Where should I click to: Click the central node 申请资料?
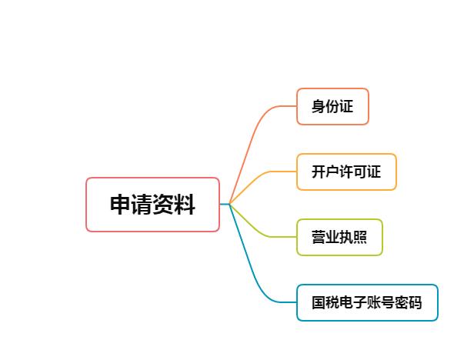[152, 205]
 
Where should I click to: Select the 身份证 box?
[332, 106]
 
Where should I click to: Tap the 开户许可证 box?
[346, 172]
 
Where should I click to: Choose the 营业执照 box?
[339, 237]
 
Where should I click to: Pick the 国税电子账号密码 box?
[367, 302]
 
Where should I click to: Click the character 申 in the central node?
[120, 205]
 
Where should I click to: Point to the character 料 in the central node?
[184, 205]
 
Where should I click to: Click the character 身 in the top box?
[319, 106]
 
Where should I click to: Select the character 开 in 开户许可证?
[319, 172]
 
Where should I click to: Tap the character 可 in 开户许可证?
[360, 172]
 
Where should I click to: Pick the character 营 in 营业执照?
[319, 237]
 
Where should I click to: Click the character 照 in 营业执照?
[360, 237]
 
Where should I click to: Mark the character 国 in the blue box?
[319, 302]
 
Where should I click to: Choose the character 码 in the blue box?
[416, 302]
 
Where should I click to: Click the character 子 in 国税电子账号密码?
[360, 302]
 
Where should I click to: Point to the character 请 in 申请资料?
[142, 205]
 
